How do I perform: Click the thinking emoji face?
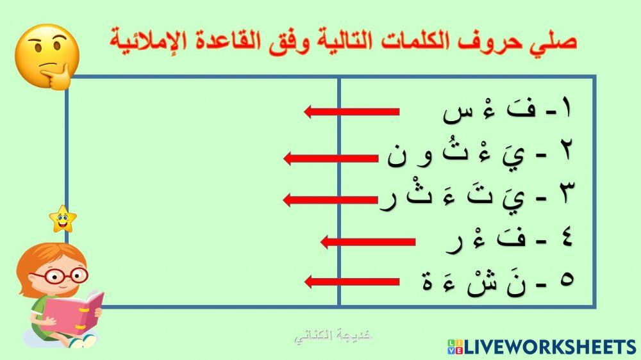pyautogui.click(x=46, y=56)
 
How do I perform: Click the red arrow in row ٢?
pyautogui.click(x=330, y=158)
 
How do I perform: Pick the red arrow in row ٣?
pyautogui.click(x=330, y=199)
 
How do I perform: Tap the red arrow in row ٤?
pyautogui.click(x=368, y=241)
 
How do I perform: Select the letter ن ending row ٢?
pyautogui.click(x=397, y=157)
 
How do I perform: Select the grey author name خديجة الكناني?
pyautogui.click(x=334, y=336)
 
